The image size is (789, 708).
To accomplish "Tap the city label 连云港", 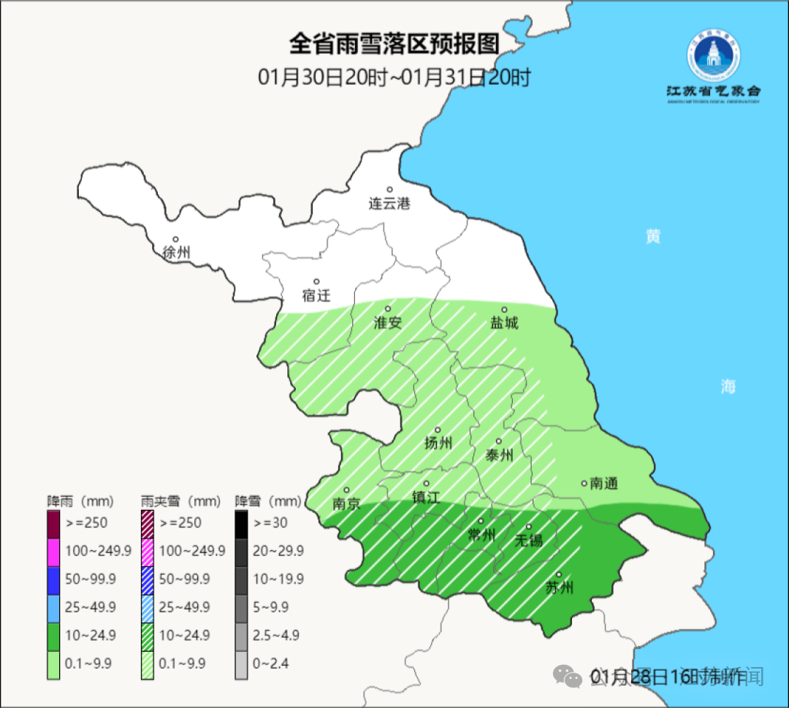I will [389, 204].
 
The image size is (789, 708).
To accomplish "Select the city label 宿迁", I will [316, 295].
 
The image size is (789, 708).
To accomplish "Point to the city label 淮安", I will [388, 322].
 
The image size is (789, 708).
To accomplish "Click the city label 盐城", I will [504, 322].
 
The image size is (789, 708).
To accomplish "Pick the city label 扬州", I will [438, 443].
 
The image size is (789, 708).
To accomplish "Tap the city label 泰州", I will [499, 455].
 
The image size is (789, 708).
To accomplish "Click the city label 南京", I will [346, 503].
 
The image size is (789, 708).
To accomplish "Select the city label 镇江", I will [426, 497].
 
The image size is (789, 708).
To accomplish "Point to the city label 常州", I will [481, 536].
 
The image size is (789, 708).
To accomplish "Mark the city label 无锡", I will [529, 540].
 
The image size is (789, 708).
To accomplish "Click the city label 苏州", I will [560, 587].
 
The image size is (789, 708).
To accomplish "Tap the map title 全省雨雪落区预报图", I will [394, 44].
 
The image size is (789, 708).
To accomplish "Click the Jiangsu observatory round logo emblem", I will [714, 58].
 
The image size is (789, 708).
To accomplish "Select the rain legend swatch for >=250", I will [54, 523].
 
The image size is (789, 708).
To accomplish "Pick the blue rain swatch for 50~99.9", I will [54, 579].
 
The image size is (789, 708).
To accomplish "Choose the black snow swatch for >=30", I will [242, 523].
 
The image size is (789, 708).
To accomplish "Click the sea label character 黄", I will [652, 237].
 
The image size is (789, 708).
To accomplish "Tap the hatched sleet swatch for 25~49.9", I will [148, 606].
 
